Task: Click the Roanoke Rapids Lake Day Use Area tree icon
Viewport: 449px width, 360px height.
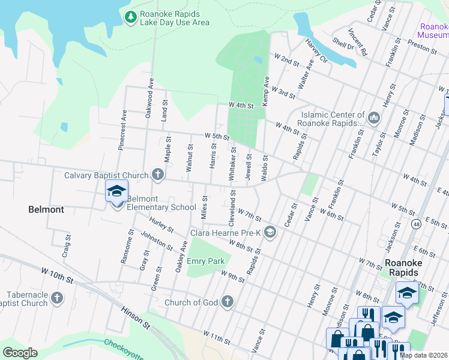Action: pyautogui.click(x=130, y=17)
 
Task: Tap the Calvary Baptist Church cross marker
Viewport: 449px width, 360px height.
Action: pyautogui.click(x=158, y=175)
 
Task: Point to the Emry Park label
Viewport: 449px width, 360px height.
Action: pyautogui.click(x=205, y=261)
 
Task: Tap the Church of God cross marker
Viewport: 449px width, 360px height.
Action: pyautogui.click(x=227, y=302)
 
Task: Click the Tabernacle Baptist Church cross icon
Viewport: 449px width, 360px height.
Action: pyautogui.click(x=57, y=298)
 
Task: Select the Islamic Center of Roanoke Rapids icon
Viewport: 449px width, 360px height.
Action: pyautogui.click(x=374, y=118)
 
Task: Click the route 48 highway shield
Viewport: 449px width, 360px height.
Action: pyautogui.click(x=416, y=224)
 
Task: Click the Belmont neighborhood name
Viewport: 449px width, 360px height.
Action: pyautogui.click(x=46, y=209)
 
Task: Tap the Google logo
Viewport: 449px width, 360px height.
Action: pyautogui.click(x=20, y=353)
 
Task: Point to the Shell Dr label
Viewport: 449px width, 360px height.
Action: pyautogui.click(x=343, y=45)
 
